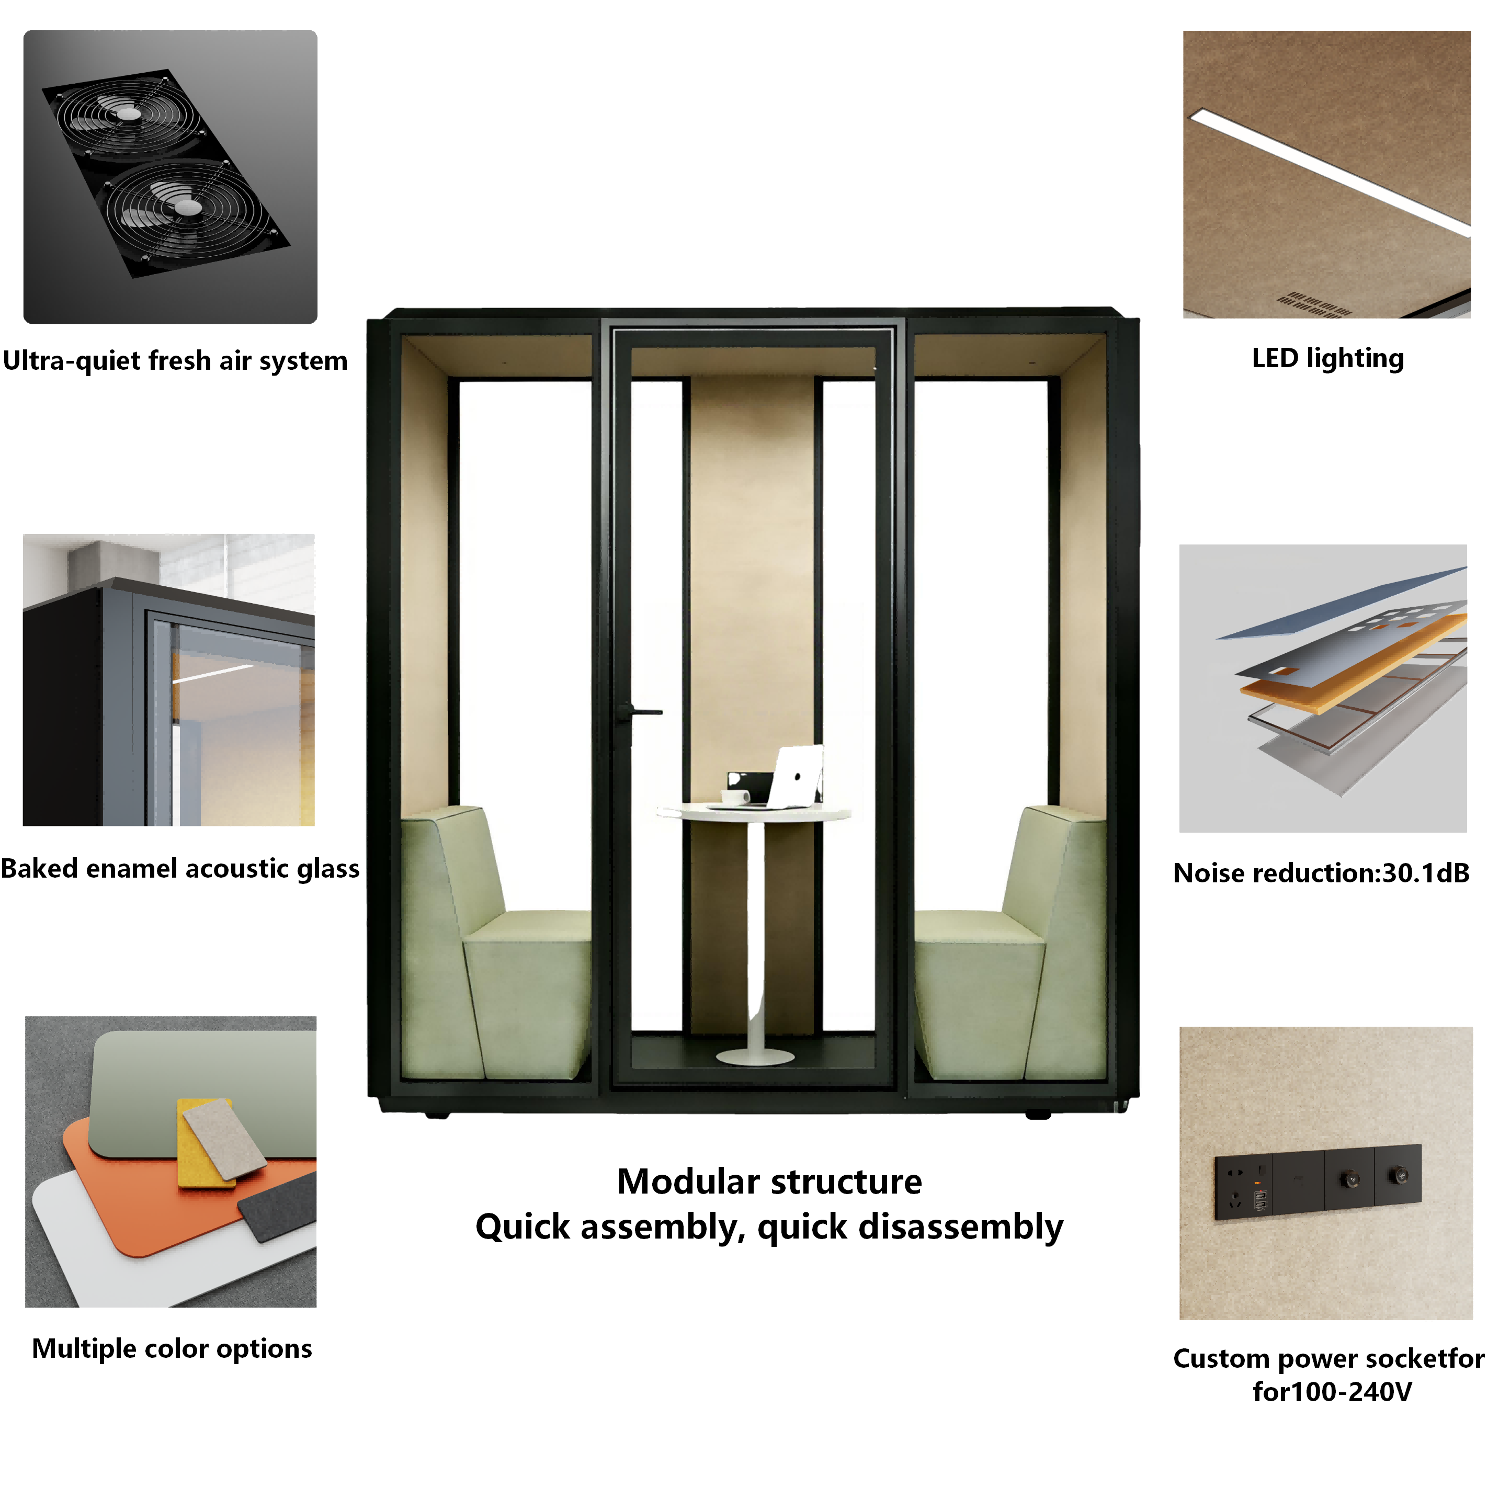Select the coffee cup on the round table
(x=734, y=796)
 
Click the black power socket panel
(x=1318, y=1182)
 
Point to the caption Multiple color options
(x=172, y=1348)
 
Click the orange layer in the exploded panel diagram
(x=1354, y=663)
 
